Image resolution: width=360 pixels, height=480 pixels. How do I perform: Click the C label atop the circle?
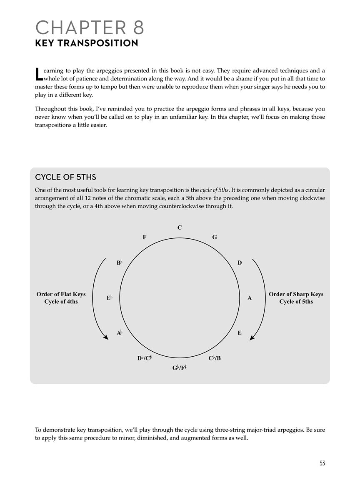[x=180, y=227]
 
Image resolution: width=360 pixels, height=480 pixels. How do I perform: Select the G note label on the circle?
[x=214, y=237]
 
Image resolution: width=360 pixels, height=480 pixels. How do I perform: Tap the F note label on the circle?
[x=145, y=237]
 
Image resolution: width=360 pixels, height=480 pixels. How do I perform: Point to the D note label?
[x=240, y=263]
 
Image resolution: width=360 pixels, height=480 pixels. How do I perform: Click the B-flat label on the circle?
[x=119, y=263]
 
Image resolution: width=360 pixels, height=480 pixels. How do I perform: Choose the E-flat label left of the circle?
[x=110, y=298]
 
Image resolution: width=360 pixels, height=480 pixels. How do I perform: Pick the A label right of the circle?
[x=250, y=298]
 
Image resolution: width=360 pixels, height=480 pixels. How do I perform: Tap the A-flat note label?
[x=119, y=333]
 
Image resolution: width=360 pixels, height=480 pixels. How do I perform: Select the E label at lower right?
[x=240, y=333]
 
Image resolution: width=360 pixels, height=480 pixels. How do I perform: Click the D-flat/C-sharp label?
[x=144, y=358]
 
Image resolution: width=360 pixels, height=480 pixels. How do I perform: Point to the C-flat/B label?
[x=215, y=358]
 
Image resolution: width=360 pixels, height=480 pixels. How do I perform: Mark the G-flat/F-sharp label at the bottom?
[x=180, y=367]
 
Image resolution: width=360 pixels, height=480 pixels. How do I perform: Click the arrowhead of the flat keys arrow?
[x=106, y=337]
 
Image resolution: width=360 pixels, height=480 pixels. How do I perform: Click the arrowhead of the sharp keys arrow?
[x=252, y=337]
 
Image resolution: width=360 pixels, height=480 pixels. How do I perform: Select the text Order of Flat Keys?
[x=61, y=294]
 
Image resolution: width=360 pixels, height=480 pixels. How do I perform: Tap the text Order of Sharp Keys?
[x=296, y=294]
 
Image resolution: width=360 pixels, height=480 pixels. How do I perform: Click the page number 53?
[x=322, y=463]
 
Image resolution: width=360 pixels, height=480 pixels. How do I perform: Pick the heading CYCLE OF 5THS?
[x=65, y=177]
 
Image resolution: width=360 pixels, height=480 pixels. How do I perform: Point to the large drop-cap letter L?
[x=38, y=74]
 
